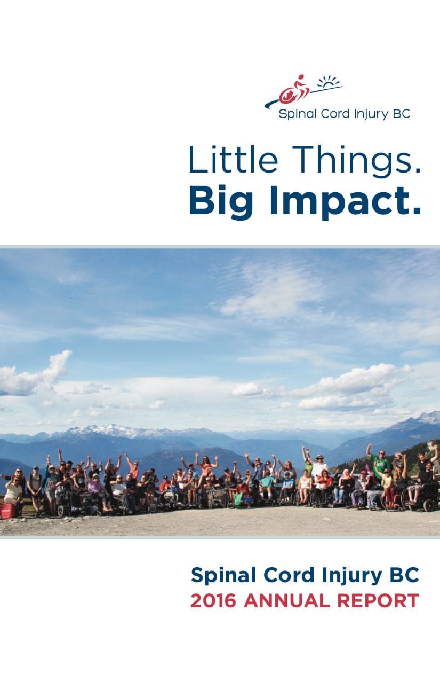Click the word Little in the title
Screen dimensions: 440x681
click(x=233, y=159)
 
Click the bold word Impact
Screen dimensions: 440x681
click(x=342, y=202)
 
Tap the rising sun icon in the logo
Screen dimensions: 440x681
click(x=329, y=82)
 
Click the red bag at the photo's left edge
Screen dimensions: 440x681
click(x=7, y=511)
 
